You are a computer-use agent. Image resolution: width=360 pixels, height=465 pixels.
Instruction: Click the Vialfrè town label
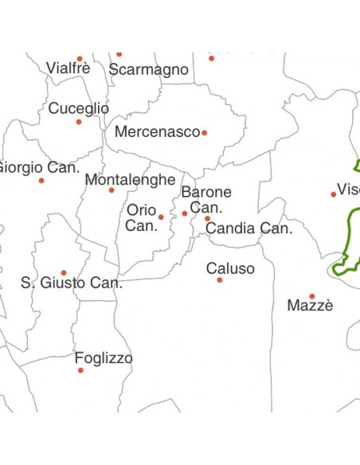point(68,68)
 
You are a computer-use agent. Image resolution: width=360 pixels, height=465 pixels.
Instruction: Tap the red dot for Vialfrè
point(80,58)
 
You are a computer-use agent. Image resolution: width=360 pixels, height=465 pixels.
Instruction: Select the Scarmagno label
point(149,70)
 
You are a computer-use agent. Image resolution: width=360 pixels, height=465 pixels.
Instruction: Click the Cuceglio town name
point(79,108)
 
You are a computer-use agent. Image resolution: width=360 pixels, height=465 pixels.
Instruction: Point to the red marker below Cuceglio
point(79,122)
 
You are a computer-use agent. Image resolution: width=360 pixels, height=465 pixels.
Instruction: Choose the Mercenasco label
point(157,132)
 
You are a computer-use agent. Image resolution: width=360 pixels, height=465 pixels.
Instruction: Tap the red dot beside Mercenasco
point(205,133)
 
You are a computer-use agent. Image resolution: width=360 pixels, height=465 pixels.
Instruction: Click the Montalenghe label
point(130,180)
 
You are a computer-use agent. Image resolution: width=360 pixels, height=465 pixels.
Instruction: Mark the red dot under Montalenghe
point(112,190)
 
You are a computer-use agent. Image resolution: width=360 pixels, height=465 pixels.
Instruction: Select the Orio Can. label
point(142,218)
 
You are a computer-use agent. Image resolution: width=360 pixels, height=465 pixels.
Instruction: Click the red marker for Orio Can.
point(161,217)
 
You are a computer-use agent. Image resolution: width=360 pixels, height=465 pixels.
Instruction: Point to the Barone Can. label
point(206,199)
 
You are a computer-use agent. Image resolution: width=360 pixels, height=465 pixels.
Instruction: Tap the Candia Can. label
point(249,229)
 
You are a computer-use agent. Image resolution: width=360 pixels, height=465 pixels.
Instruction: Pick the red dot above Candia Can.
point(207,218)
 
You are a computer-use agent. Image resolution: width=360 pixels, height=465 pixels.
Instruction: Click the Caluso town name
point(230,268)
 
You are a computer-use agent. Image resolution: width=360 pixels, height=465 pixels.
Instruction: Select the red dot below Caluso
point(220,280)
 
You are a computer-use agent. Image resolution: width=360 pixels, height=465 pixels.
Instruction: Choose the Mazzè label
point(310,306)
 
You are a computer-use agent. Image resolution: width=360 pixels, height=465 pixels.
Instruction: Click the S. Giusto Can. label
point(72,283)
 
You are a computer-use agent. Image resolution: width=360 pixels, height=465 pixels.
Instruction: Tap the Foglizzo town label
point(104,358)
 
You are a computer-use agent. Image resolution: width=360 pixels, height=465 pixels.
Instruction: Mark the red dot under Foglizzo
point(80,370)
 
